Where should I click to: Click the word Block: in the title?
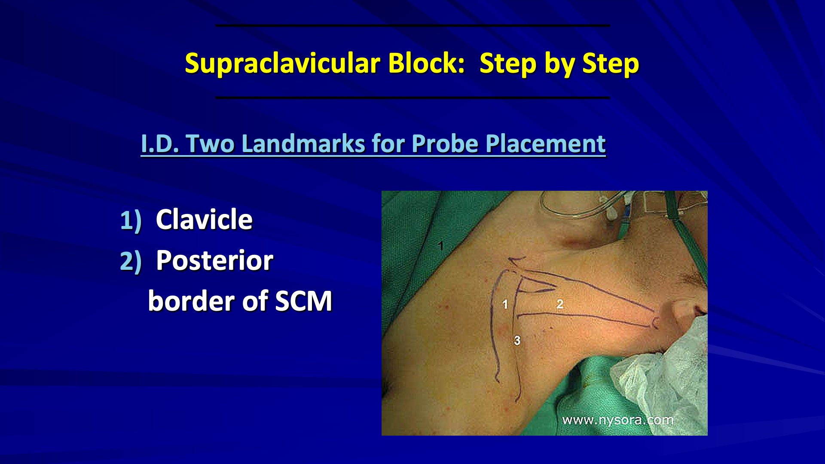point(426,64)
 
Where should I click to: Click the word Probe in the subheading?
point(445,143)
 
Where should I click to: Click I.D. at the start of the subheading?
point(160,143)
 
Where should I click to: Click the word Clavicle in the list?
point(204,220)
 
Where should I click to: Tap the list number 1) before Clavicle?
point(131,220)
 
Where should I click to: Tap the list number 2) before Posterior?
point(131,261)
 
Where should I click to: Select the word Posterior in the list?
point(214,260)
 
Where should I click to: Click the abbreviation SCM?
point(303,301)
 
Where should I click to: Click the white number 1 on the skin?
point(505,305)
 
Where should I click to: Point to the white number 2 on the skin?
point(559,304)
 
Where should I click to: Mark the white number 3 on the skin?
point(517,341)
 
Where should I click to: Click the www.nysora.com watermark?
point(617,420)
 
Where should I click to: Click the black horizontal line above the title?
point(412,26)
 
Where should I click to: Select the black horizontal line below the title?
point(412,98)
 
